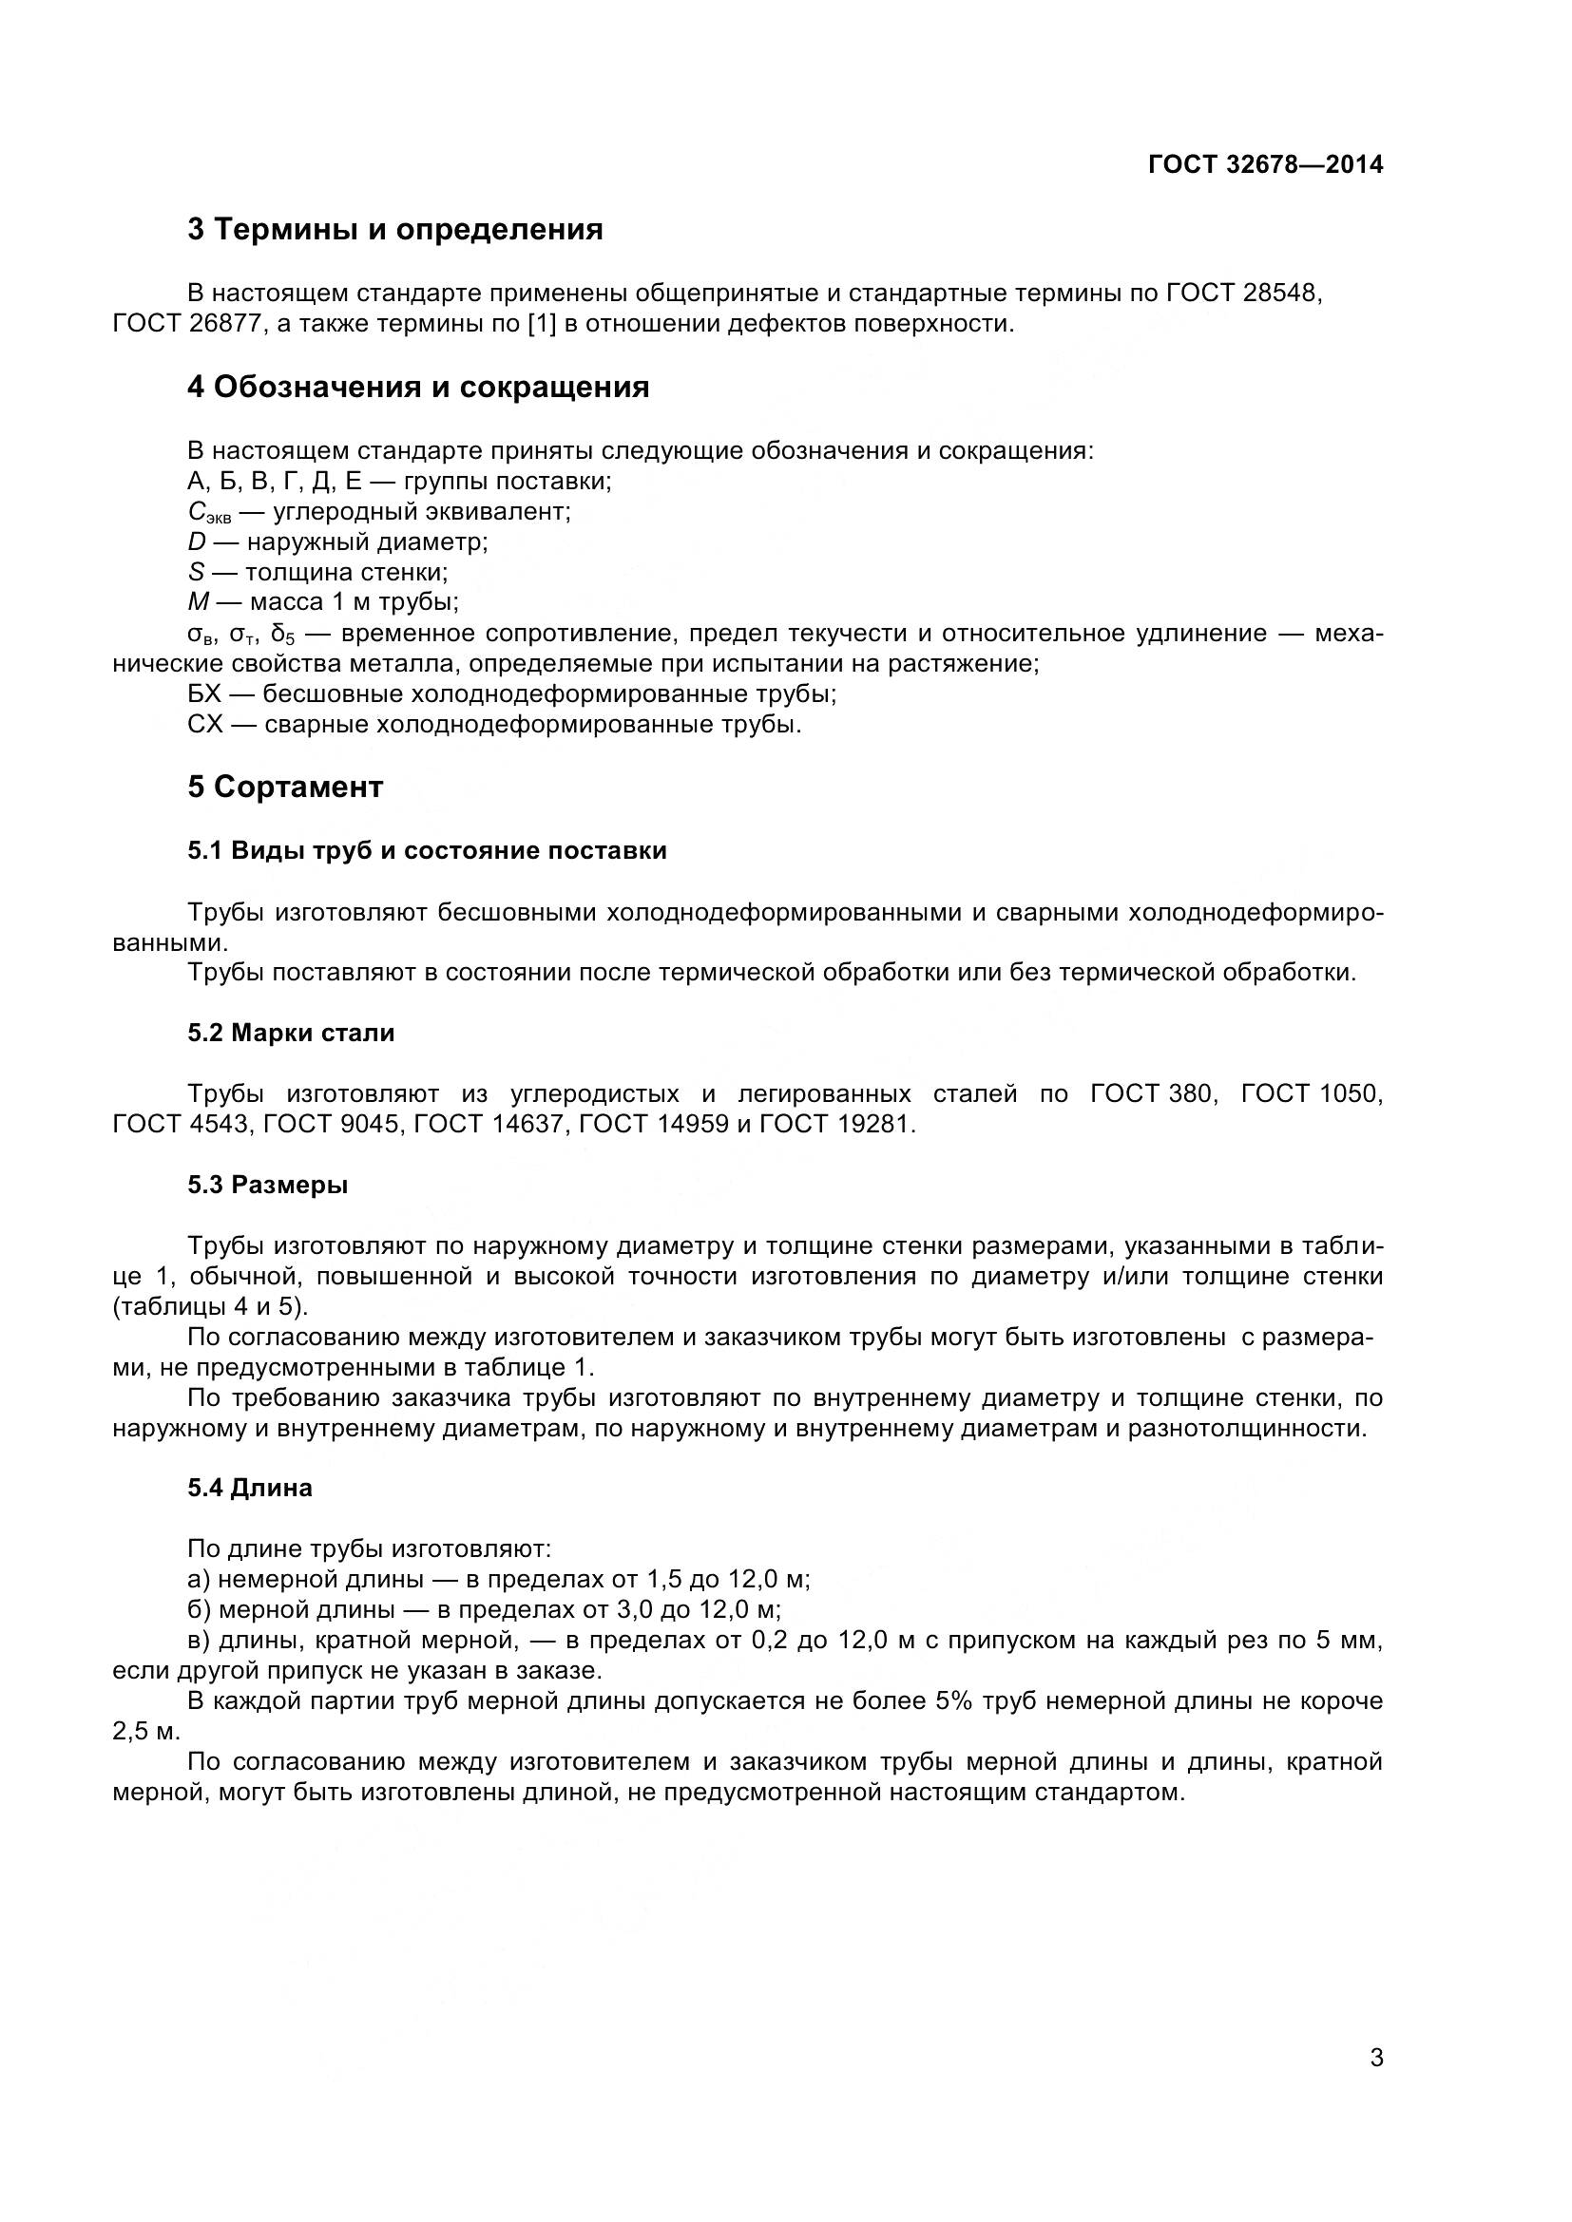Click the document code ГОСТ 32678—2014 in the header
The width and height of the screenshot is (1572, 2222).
point(1265,164)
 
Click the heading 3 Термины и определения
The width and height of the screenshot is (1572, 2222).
point(395,230)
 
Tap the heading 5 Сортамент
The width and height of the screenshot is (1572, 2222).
point(285,787)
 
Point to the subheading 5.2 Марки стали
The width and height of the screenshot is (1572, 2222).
point(292,1034)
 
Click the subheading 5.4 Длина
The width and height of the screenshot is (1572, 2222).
point(250,1488)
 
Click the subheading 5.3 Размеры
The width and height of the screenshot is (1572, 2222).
point(268,1185)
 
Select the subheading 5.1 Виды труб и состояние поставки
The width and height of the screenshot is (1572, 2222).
point(427,850)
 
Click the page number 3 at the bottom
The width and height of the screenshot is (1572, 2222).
point(1376,2084)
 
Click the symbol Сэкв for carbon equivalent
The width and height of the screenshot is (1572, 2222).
point(208,513)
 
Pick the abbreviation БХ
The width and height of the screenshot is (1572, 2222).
point(204,693)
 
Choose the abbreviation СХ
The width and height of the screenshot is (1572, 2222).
point(205,724)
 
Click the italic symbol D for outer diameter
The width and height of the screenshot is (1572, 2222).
point(197,541)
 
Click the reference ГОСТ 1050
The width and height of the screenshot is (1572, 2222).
point(1311,1093)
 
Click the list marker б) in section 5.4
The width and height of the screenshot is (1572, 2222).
point(201,1610)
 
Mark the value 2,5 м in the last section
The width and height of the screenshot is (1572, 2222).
point(146,1733)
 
